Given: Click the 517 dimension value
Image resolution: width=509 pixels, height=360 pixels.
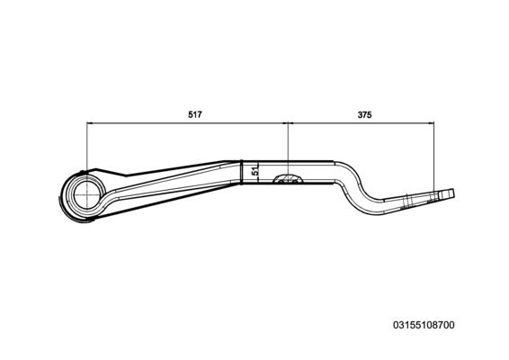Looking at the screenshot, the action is point(195,114).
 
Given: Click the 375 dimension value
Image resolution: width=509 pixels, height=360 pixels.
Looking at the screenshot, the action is point(364,114).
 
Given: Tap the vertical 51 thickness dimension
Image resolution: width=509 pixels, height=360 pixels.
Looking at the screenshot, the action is point(255,171).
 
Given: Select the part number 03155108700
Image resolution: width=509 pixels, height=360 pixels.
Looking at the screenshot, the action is point(424,325).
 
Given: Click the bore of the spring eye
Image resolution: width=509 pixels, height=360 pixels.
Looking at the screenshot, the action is point(86,195).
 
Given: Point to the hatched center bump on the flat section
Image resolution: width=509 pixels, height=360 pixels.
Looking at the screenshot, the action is point(288,179).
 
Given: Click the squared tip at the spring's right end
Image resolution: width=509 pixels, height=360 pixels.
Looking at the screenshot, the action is point(446,194).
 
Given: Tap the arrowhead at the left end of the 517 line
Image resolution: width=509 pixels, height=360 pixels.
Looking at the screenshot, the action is point(90,123).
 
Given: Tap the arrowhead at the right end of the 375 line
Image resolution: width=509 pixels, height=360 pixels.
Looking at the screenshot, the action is point(431,123).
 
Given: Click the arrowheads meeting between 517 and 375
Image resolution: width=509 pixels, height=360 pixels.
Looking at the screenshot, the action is point(288,123).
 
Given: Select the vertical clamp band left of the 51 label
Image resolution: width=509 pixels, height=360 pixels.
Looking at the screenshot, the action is point(242,172).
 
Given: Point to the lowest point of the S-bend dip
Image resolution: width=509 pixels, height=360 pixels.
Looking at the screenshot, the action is point(378,214).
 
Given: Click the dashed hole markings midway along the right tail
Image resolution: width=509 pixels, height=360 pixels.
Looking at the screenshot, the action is point(406,201).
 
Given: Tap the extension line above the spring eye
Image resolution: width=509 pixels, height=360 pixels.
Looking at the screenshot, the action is point(87,147).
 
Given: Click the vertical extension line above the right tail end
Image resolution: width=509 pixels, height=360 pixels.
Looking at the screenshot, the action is point(434,157).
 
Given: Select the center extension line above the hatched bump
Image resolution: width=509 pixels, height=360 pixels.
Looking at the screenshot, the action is point(288,148).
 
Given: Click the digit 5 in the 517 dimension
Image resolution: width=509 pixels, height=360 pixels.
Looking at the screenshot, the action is point(191,114).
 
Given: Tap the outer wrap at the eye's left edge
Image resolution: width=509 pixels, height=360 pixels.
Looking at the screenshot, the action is point(62,195).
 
